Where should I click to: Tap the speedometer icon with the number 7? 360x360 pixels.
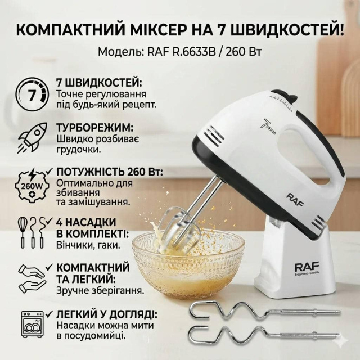click(33, 94)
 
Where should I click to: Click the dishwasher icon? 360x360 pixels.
click(32, 324)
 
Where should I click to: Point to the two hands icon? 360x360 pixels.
click(33, 279)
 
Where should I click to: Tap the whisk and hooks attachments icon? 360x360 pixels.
click(33, 232)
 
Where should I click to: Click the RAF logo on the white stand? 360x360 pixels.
click(307, 268)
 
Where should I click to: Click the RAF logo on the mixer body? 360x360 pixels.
click(295, 200)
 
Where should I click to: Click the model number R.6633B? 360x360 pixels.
click(195, 52)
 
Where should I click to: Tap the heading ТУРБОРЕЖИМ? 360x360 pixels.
click(95, 128)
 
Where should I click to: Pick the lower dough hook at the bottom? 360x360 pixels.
click(264, 336)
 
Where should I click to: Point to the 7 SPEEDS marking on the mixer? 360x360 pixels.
click(269, 126)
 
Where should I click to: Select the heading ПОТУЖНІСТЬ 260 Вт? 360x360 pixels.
click(110, 172)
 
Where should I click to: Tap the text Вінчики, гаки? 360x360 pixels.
click(88, 245)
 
